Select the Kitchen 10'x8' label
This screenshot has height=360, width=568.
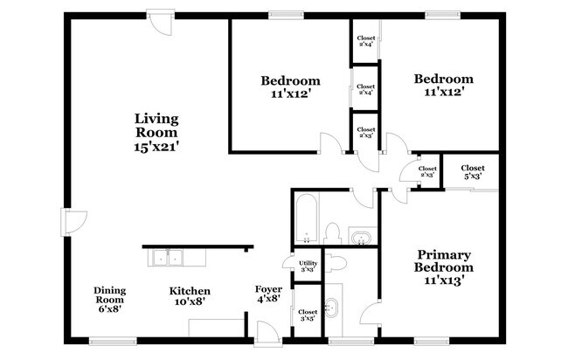(189, 297)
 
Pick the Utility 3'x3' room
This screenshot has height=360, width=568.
(308, 266)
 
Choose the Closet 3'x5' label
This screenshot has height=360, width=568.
(308, 315)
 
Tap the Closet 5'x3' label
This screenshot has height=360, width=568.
(473, 172)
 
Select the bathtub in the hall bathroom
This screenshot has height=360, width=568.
(306, 218)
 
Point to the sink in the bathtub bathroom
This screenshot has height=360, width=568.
(360, 237)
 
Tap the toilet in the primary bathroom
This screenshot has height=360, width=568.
(336, 261)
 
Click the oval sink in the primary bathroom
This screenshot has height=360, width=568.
(331, 308)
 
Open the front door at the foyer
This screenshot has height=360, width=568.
(265, 333)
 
